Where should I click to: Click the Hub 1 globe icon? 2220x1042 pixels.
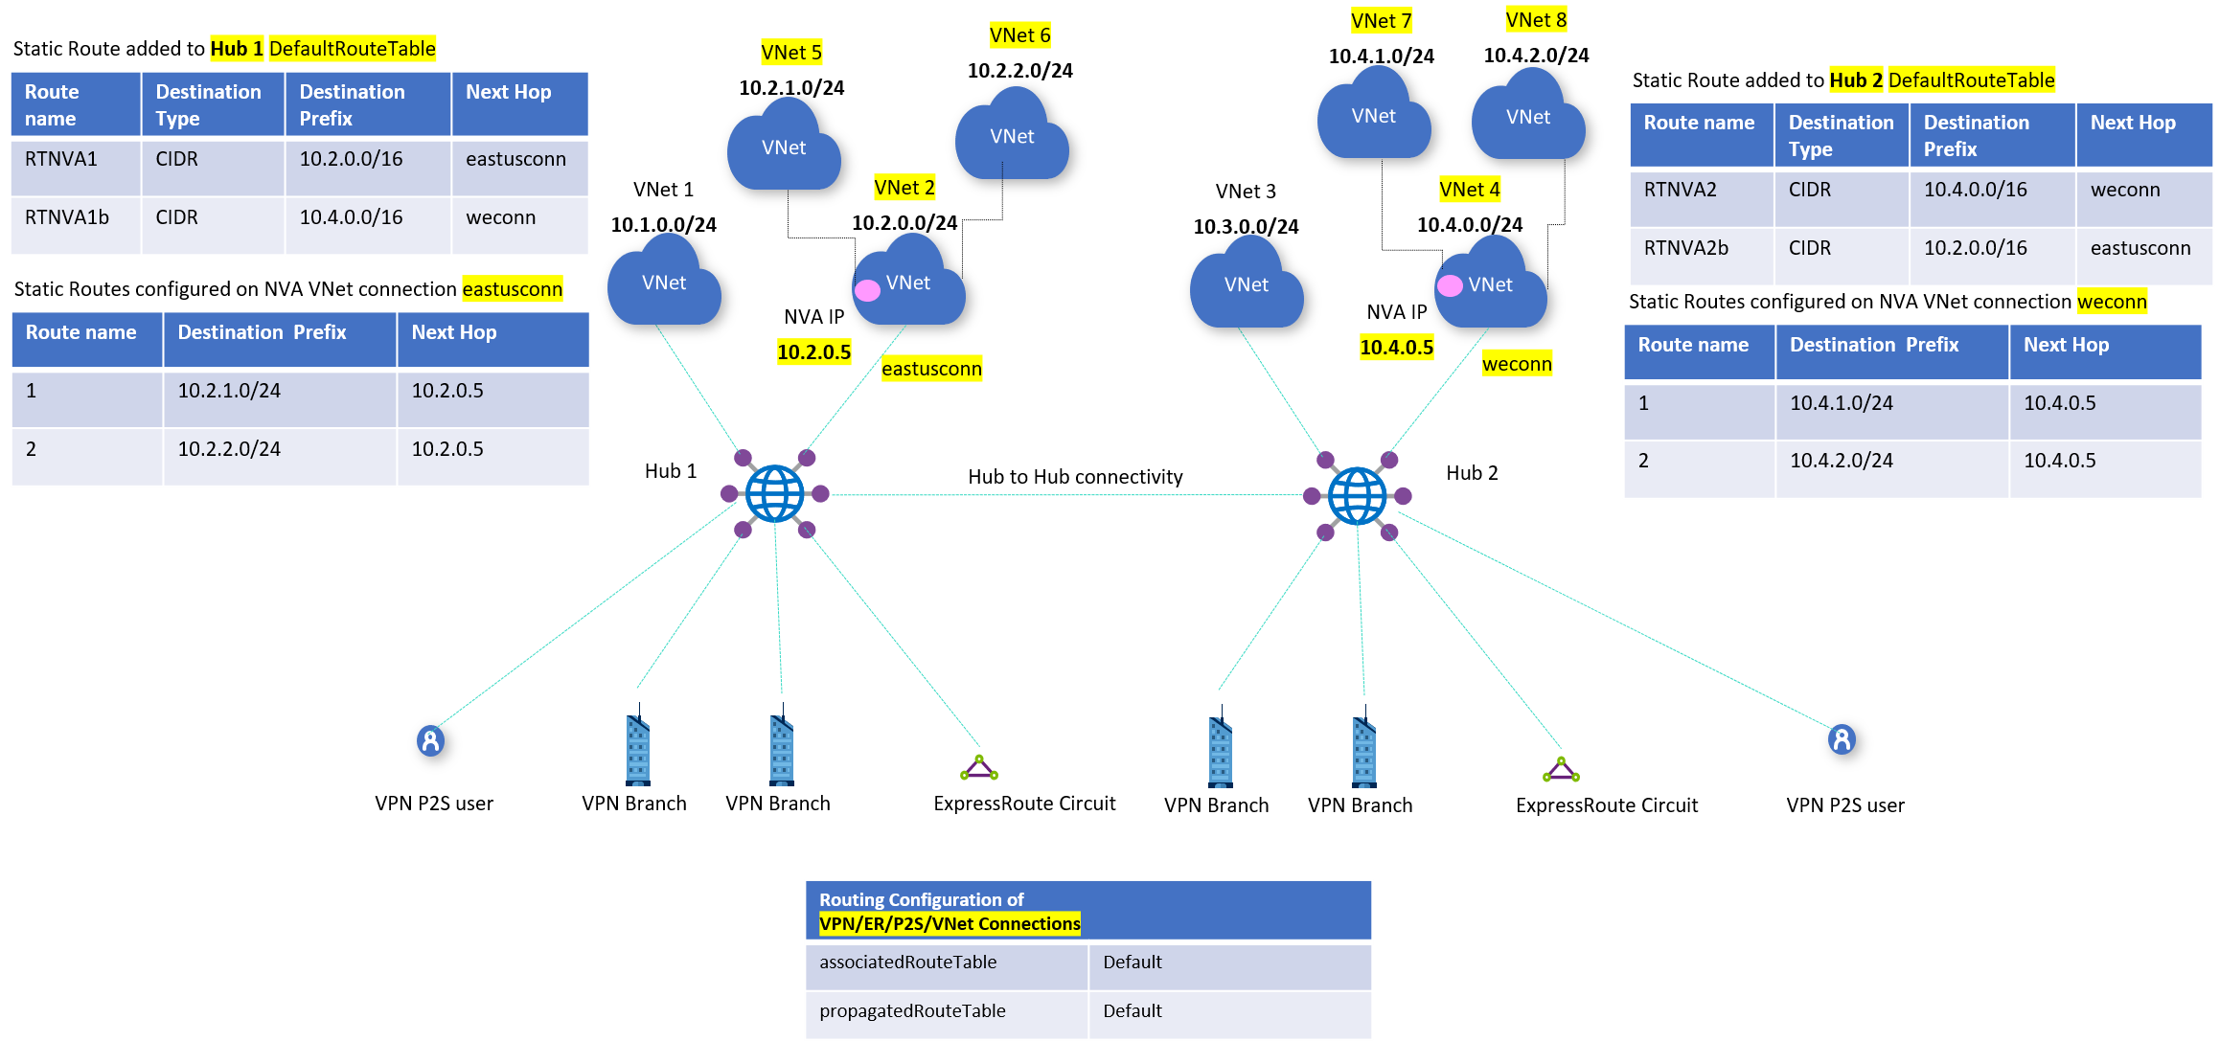click(x=774, y=493)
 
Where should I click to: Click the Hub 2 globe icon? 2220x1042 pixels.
click(x=1357, y=495)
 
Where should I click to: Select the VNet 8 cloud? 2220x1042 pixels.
click(x=1527, y=117)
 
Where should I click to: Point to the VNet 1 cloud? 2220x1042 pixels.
click(x=663, y=283)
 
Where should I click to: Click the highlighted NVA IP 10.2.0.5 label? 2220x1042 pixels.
click(x=813, y=352)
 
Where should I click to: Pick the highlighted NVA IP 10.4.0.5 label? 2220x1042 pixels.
click(x=1396, y=348)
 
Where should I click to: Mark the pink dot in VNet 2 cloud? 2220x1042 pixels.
click(x=867, y=290)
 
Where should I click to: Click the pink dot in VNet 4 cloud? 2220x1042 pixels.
click(x=1450, y=285)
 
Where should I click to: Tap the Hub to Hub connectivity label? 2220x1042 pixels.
click(x=1075, y=477)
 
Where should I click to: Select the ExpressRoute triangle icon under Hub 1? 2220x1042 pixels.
click(x=979, y=768)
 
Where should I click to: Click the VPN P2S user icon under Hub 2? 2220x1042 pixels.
click(x=1841, y=739)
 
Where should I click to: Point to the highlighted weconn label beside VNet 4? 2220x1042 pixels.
click(x=1516, y=364)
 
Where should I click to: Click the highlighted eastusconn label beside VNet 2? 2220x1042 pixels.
click(x=931, y=369)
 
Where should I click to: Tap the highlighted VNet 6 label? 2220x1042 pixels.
click(x=1019, y=35)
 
